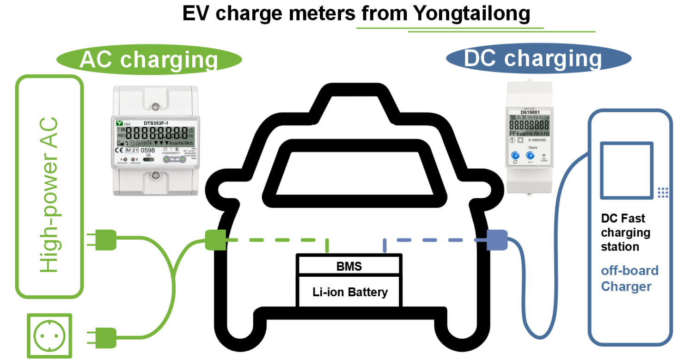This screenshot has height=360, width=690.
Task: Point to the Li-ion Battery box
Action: click(349, 292)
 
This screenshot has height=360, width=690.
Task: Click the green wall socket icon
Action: click(49, 336)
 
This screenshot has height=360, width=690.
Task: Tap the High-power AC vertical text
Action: click(49, 195)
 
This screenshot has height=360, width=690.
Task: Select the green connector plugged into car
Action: click(215, 240)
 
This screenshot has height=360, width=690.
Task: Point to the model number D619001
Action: click(530, 112)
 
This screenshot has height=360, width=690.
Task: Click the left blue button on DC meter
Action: click(515, 157)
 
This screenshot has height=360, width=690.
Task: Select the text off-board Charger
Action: click(629, 278)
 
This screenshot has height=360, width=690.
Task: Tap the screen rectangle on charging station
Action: click(626, 171)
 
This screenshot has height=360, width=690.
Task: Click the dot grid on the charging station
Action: click(663, 193)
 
